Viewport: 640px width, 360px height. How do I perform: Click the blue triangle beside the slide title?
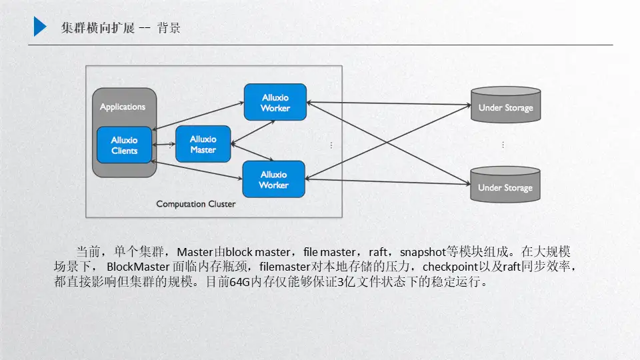(40, 27)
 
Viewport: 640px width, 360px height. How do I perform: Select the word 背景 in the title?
(169, 28)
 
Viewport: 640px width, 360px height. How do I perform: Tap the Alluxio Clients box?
(125, 145)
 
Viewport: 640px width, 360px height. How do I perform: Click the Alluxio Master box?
(203, 144)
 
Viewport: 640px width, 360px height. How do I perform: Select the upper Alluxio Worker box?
(275, 102)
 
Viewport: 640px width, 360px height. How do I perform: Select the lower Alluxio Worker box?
(273, 179)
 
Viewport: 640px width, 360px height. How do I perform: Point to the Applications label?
(123, 107)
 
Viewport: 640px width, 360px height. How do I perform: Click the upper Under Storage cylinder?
(505, 105)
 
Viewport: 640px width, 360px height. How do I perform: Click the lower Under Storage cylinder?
(505, 185)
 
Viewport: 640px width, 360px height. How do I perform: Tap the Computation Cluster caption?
(195, 204)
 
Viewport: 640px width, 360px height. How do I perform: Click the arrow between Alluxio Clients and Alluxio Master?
(164, 145)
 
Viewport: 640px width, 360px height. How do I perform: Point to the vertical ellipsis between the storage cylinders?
(503, 145)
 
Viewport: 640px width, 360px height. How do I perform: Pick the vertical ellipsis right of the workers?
(331, 145)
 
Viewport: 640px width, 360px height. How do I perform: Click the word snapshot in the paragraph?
(422, 253)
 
